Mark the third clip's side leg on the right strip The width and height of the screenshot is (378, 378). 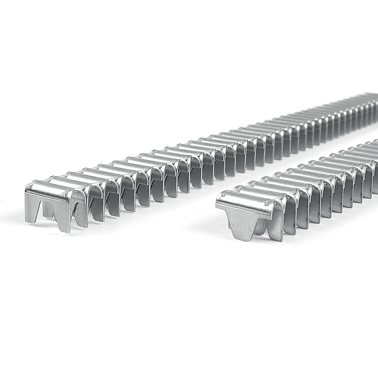click(302, 214)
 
